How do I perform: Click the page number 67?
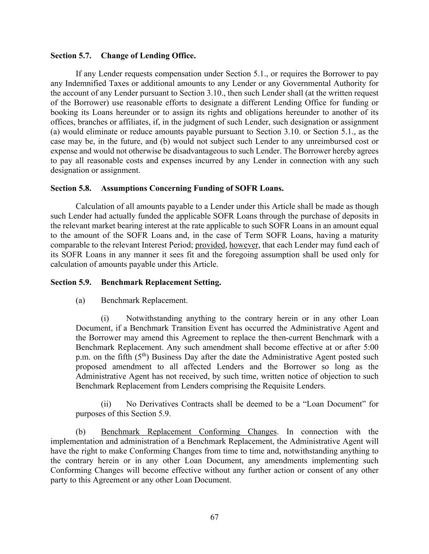click(x=215, y=517)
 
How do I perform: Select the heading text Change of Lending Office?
click(x=148, y=56)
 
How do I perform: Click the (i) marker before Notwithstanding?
click(x=105, y=319)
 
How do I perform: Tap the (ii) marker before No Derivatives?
click(x=106, y=404)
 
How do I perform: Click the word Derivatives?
click(x=159, y=404)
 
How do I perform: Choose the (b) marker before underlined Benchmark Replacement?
click(x=81, y=432)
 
